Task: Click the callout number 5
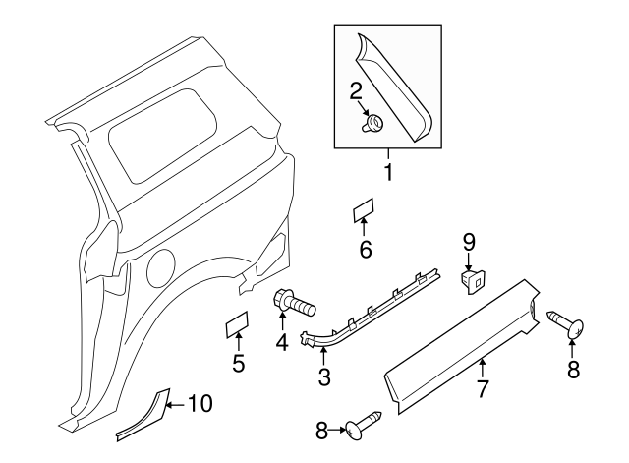[x=239, y=364]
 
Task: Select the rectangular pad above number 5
[x=237, y=323]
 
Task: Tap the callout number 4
[x=283, y=343]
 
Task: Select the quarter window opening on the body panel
[x=162, y=136]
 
